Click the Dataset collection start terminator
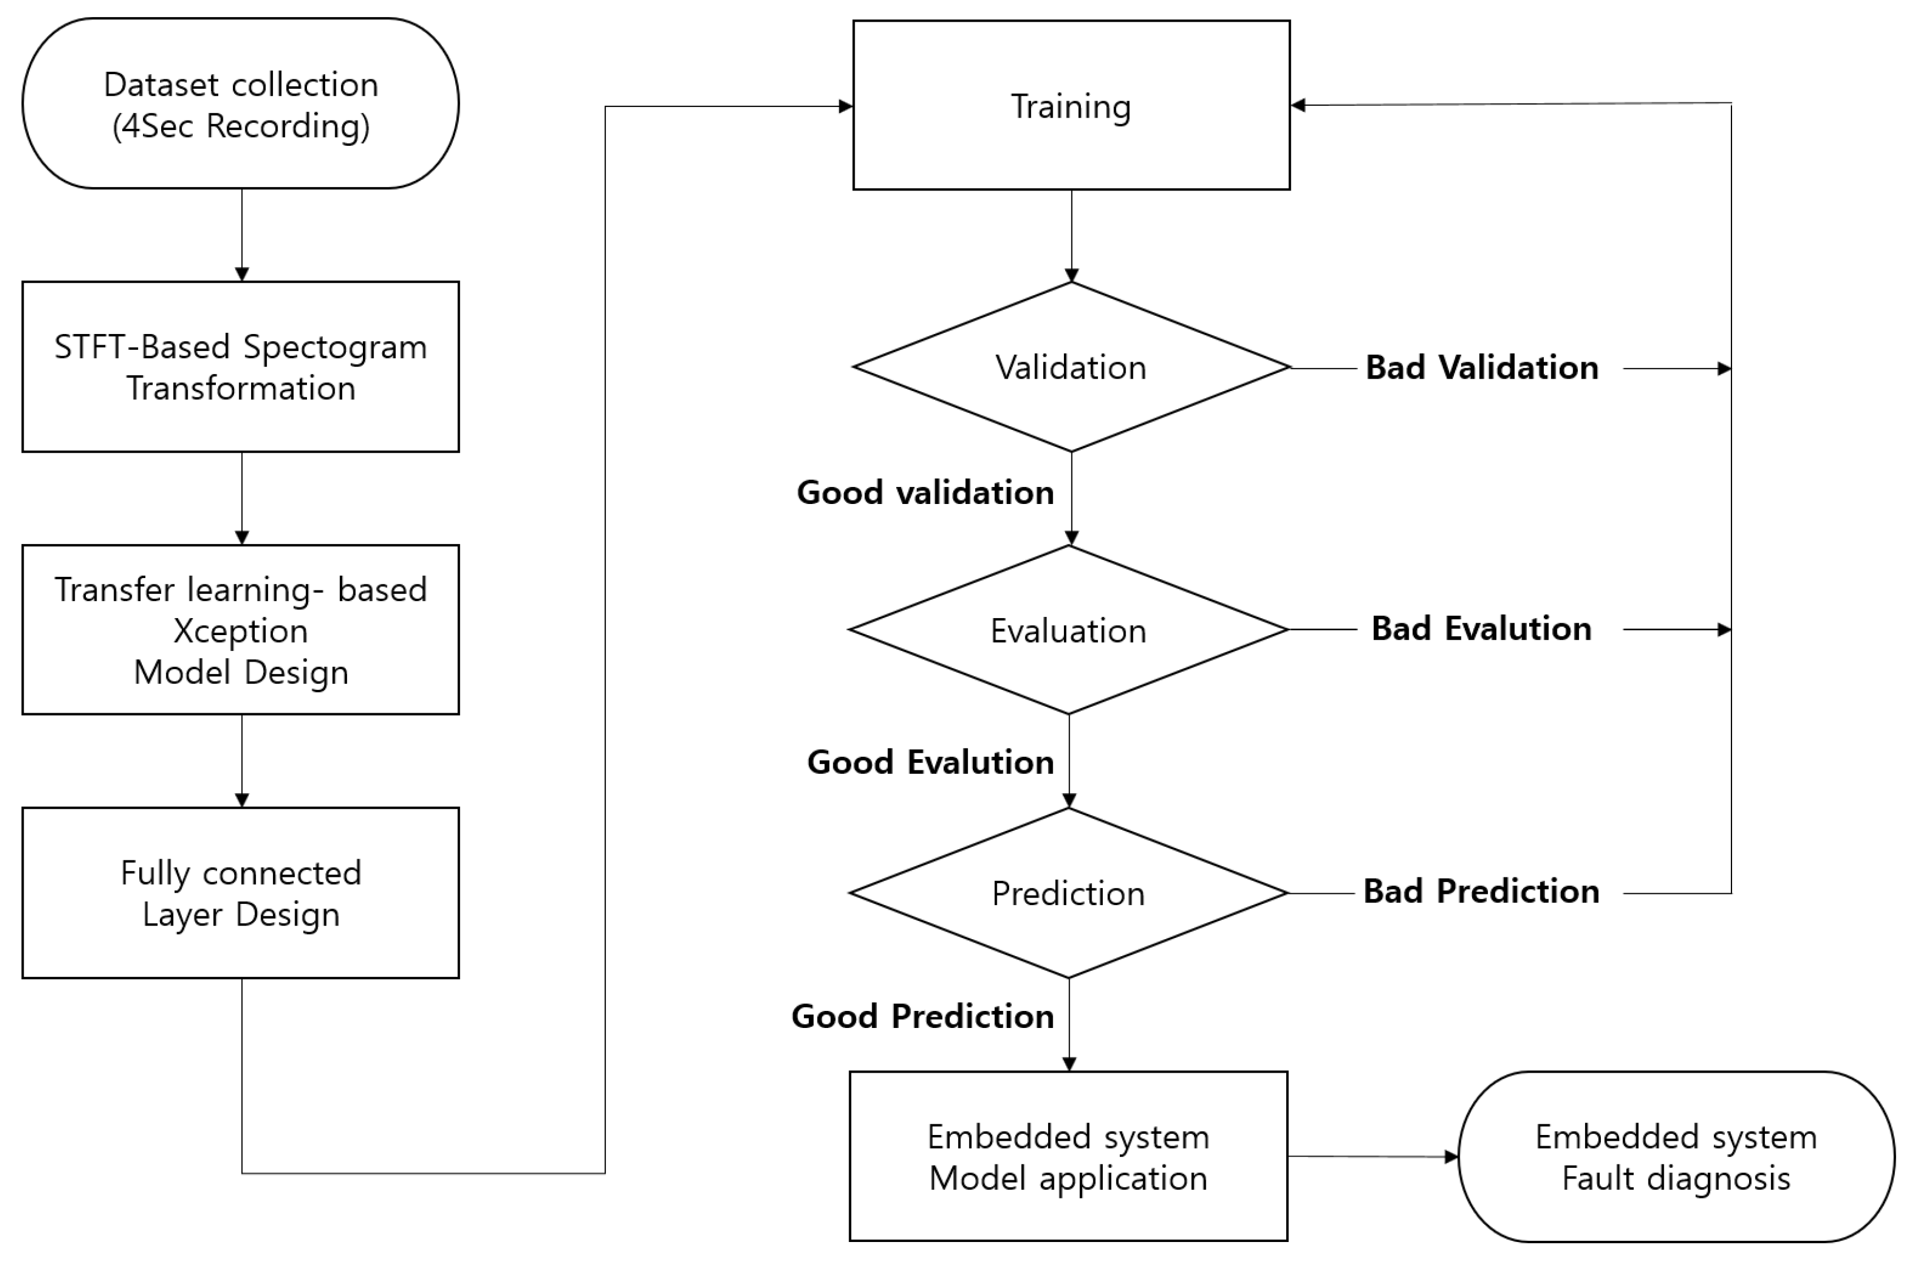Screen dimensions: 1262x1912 pyautogui.click(x=241, y=103)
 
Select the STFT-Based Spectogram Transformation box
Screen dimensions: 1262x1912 pyautogui.click(x=241, y=366)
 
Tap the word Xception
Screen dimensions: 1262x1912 pyautogui.click(x=241, y=631)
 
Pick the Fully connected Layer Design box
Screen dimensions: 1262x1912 pyautogui.click(x=241, y=893)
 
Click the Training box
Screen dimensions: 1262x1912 pyautogui.click(x=1070, y=105)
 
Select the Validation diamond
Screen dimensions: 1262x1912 pyautogui.click(x=1070, y=367)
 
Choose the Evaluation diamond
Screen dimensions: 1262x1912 pyautogui.click(x=1068, y=630)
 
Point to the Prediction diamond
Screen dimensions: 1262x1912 pyautogui.click(x=1068, y=893)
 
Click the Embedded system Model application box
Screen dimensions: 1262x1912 pyautogui.click(x=1068, y=1157)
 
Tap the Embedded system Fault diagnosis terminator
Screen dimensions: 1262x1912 pyautogui.click(x=1676, y=1157)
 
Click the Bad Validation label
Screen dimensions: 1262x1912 pyautogui.click(x=1481, y=368)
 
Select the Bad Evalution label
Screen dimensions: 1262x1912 pyautogui.click(x=1481, y=629)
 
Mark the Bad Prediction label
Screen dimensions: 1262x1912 pyautogui.click(x=1481, y=891)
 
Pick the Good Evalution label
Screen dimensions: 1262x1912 pyautogui.click(x=930, y=762)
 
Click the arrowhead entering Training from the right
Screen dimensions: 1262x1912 pyautogui.click(x=1297, y=105)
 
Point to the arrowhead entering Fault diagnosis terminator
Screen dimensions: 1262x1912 pyautogui.click(x=1451, y=1157)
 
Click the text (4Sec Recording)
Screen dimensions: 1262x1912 pyautogui.click(x=241, y=126)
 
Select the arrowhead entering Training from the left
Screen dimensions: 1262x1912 pyautogui.click(x=845, y=106)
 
